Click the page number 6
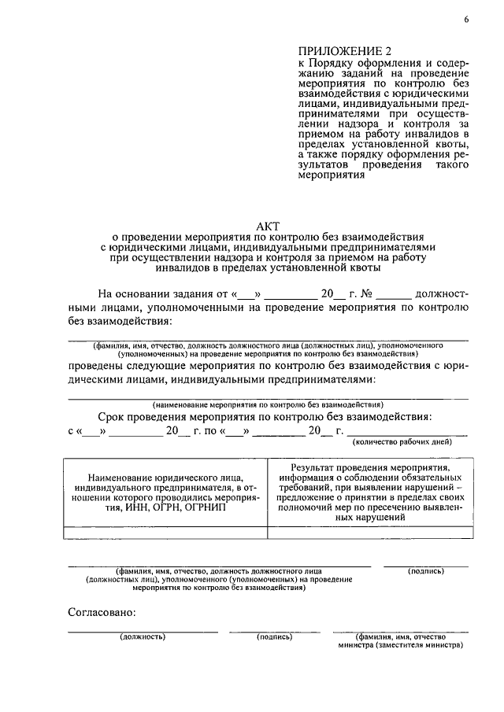point(465,20)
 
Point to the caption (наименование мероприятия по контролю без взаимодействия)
point(269,404)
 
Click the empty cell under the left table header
point(165,533)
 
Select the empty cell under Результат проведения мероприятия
point(370,533)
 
